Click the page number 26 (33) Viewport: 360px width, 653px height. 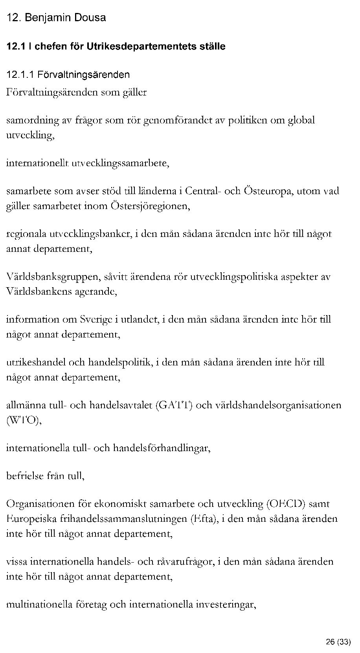(338, 642)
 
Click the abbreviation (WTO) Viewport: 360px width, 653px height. (24, 420)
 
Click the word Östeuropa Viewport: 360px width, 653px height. (268, 191)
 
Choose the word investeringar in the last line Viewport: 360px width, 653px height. (226, 604)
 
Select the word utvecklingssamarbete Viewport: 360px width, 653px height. (120, 163)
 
